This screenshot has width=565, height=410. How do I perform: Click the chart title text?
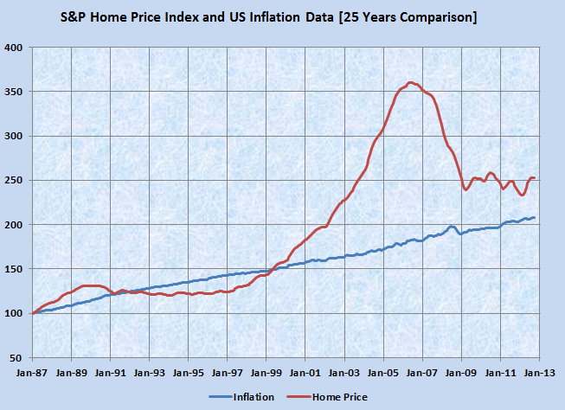283,17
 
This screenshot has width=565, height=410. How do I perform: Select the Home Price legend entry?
332,397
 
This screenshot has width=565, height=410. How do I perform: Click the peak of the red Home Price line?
410,83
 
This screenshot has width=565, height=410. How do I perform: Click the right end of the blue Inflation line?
534,217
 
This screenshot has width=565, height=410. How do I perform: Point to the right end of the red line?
535,178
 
